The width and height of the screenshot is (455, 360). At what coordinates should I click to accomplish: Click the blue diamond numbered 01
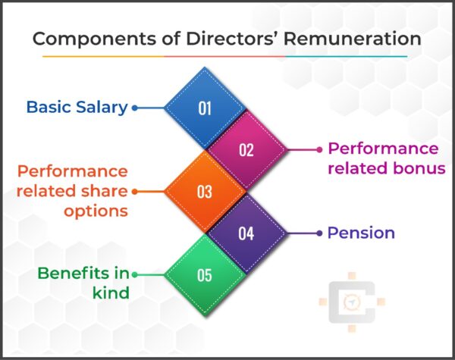(205, 108)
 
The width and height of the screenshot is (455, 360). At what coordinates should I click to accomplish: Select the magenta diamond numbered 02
(246, 149)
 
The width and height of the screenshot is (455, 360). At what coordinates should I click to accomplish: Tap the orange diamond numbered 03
(205, 191)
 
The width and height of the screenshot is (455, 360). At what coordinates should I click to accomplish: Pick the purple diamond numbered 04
(246, 233)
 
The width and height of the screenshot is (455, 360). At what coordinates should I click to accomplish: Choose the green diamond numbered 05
(205, 274)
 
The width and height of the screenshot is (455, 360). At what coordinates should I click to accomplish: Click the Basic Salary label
(77, 107)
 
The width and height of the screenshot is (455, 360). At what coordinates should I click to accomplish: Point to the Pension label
(361, 233)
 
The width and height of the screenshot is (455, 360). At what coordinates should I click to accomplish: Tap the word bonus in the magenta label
(417, 167)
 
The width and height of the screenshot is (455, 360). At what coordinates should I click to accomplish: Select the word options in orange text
(95, 211)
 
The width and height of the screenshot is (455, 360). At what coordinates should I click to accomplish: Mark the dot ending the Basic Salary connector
(135, 108)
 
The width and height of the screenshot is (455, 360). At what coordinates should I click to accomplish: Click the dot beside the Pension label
(318, 233)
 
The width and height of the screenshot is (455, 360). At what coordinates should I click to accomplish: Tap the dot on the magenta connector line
(318, 149)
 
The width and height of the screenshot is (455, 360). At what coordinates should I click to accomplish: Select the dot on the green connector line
(135, 274)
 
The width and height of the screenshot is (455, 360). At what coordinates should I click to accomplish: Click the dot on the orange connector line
(135, 191)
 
